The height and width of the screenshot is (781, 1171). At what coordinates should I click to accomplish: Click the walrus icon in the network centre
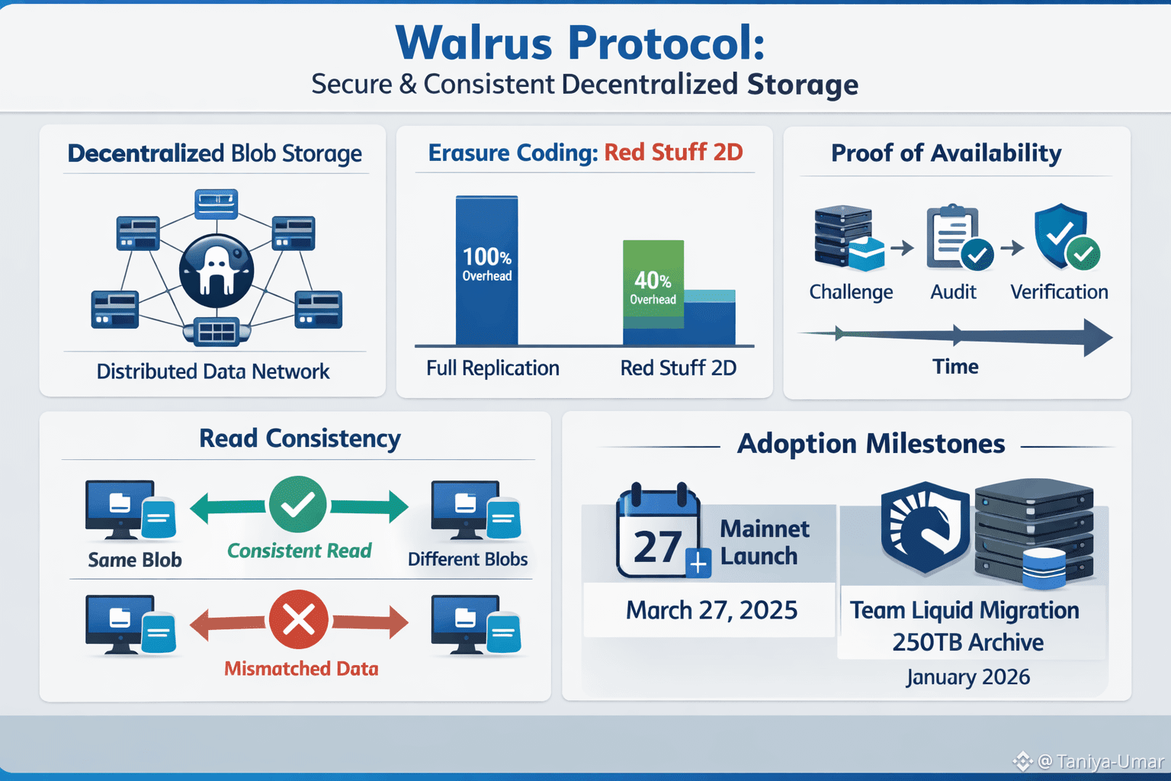pos(217,271)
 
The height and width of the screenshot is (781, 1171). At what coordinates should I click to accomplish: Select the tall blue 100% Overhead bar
pos(486,271)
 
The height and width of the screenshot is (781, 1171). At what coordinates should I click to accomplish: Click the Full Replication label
pos(492,368)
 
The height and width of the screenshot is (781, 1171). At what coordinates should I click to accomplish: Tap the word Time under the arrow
pos(955,367)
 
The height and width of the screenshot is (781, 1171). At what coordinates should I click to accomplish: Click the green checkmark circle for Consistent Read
pos(298,505)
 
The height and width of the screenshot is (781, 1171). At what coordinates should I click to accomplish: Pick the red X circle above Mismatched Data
pos(298,619)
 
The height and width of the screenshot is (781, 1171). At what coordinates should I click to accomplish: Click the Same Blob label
pos(135,560)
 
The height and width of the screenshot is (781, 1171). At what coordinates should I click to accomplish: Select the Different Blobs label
pos(467,559)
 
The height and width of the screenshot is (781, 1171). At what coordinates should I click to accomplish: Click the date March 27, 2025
pos(711,610)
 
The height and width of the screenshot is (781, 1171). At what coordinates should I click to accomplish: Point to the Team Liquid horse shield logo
pos(925,528)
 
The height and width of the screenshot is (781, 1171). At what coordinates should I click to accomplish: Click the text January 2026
pos(967,677)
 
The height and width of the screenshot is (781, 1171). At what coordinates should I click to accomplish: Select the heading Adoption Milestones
pos(871,444)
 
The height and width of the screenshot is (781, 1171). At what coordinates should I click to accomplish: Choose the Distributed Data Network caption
pos(213,371)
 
